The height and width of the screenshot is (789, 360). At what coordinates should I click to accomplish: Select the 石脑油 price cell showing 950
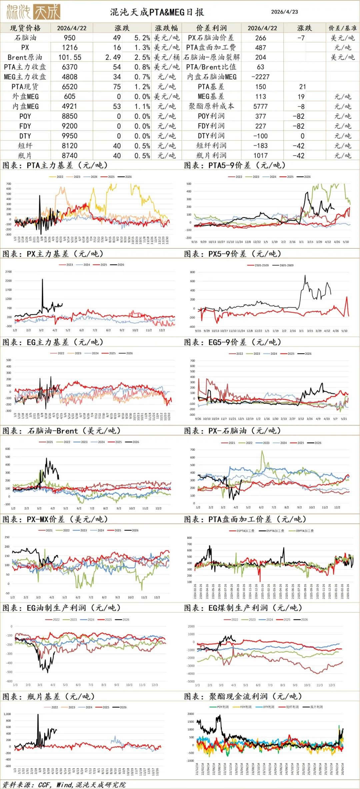pyautogui.click(x=70, y=38)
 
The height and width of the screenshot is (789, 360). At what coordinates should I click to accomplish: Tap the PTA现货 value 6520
pyautogui.click(x=70, y=87)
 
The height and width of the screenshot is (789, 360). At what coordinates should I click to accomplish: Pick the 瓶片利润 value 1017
pyautogui.click(x=261, y=155)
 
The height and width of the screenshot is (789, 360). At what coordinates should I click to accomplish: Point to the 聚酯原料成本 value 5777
pyautogui.click(x=261, y=106)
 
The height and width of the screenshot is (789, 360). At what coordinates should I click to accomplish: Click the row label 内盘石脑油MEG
pyautogui.click(x=212, y=77)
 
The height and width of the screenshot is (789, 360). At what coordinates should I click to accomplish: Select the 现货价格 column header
pyautogui.click(x=25, y=28)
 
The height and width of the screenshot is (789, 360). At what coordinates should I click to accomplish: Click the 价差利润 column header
pyautogui.click(x=212, y=28)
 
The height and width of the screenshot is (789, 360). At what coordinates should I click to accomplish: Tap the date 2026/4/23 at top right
pyautogui.click(x=284, y=12)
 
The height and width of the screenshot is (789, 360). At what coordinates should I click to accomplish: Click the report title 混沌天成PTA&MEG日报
pyautogui.click(x=157, y=12)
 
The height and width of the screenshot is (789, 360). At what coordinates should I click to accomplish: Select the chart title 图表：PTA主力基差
pyautogui.click(x=55, y=165)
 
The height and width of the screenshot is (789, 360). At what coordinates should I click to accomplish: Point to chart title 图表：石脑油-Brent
pyautogui.click(x=62, y=431)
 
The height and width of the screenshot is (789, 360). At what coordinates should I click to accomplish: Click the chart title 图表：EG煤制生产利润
pyautogui.click(x=243, y=608)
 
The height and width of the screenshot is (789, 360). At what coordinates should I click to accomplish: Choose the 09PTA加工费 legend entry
pyautogui.click(x=305, y=531)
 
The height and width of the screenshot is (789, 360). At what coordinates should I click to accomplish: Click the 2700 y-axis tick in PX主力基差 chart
pyautogui.click(x=8, y=272)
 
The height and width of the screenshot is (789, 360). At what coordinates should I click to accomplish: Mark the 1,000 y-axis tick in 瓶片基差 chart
pyautogui.click(x=7, y=714)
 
